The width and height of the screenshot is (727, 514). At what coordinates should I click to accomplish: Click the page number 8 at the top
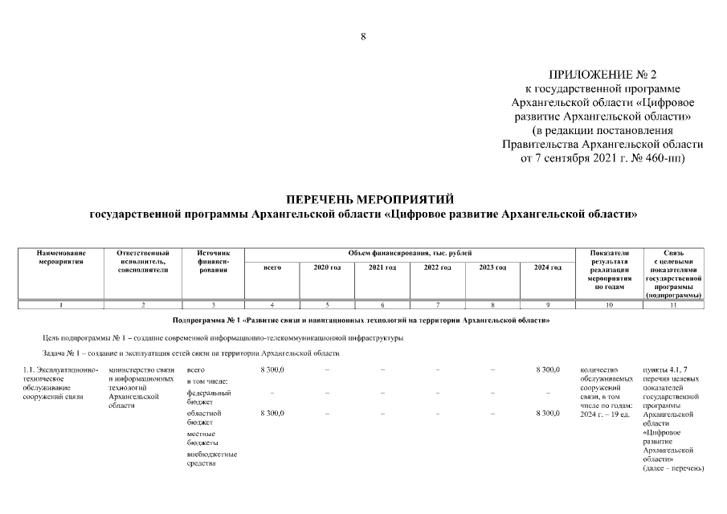pyautogui.click(x=363, y=36)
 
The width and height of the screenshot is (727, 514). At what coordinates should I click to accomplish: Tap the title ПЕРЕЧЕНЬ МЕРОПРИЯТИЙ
pyautogui.click(x=363, y=198)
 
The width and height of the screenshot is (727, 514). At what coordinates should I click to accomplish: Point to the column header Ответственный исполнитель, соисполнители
pyautogui.click(x=143, y=261)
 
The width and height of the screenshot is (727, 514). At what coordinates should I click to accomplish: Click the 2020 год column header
pyautogui.click(x=327, y=267)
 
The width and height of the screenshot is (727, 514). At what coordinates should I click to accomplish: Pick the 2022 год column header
pyautogui.click(x=437, y=267)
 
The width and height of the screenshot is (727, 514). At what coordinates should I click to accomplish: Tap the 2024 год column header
pyautogui.click(x=547, y=267)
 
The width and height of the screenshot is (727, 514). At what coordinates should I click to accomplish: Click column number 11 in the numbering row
pyautogui.click(x=673, y=304)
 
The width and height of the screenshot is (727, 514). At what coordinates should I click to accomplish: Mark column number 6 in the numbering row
pyautogui.click(x=382, y=304)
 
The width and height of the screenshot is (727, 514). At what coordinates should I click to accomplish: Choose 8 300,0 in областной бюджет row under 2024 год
pyautogui.click(x=547, y=413)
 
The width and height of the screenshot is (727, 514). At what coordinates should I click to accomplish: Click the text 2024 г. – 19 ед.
pyautogui.click(x=604, y=415)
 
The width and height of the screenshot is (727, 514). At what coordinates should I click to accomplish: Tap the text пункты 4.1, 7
pyautogui.click(x=666, y=369)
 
